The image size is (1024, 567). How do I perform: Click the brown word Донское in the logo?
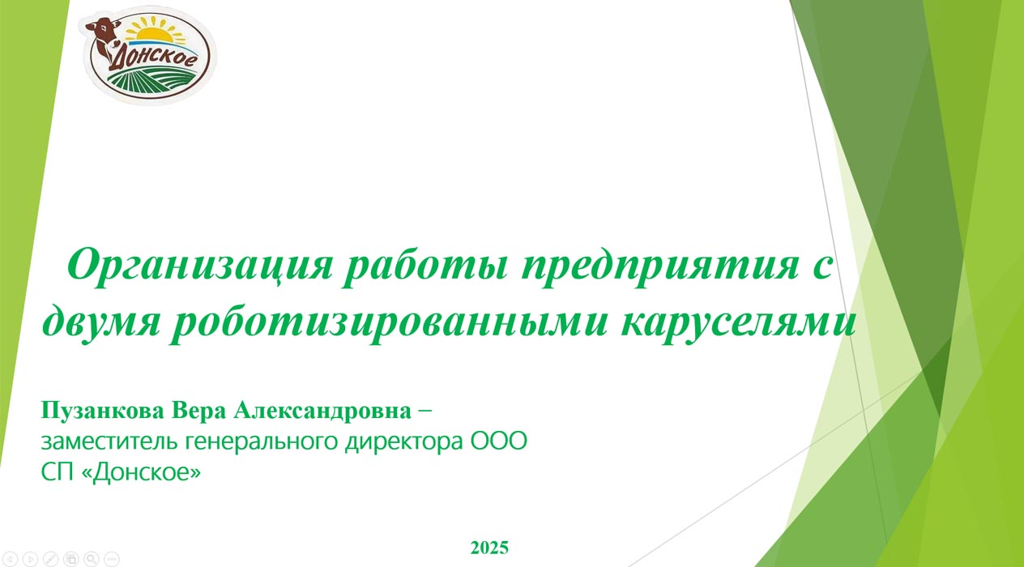(x=152, y=58)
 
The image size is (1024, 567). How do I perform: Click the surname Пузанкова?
(x=102, y=411)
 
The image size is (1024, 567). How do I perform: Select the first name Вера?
(x=198, y=411)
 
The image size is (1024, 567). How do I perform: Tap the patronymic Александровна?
(x=322, y=411)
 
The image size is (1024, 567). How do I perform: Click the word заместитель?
(x=109, y=441)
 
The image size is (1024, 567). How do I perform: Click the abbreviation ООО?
(x=499, y=441)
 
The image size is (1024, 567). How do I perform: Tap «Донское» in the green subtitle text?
(x=141, y=473)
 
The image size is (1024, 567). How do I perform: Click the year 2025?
(x=489, y=548)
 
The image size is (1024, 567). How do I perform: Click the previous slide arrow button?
(x=10, y=559)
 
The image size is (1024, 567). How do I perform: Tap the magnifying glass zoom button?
(x=92, y=559)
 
